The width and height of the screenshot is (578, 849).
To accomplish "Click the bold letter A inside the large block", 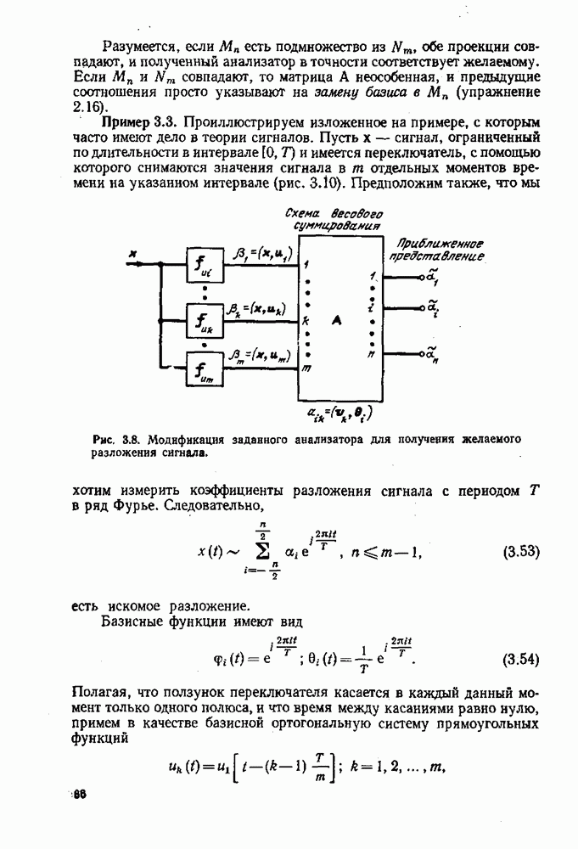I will click(x=337, y=320).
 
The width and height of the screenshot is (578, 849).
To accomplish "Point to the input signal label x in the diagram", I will click(x=132, y=253).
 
